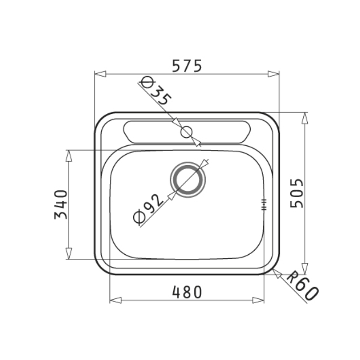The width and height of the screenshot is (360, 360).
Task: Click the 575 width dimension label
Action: coord(187,66)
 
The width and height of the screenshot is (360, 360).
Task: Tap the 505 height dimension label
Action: coord(297,193)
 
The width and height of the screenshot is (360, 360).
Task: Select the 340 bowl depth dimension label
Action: coord(61,204)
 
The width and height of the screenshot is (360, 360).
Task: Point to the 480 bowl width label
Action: coord(187,292)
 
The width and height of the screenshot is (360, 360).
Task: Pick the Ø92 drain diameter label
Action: coord(148,208)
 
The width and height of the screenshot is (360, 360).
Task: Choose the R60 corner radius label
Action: coord(302,285)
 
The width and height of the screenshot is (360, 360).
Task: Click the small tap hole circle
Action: coord(186,132)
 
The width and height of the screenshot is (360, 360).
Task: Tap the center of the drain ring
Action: coord(188,180)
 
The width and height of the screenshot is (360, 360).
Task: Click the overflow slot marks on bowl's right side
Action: coord(264,204)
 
